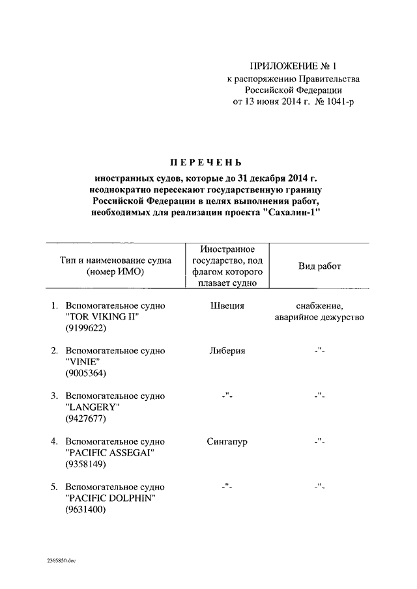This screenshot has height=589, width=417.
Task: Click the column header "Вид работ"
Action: [x=319, y=266]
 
